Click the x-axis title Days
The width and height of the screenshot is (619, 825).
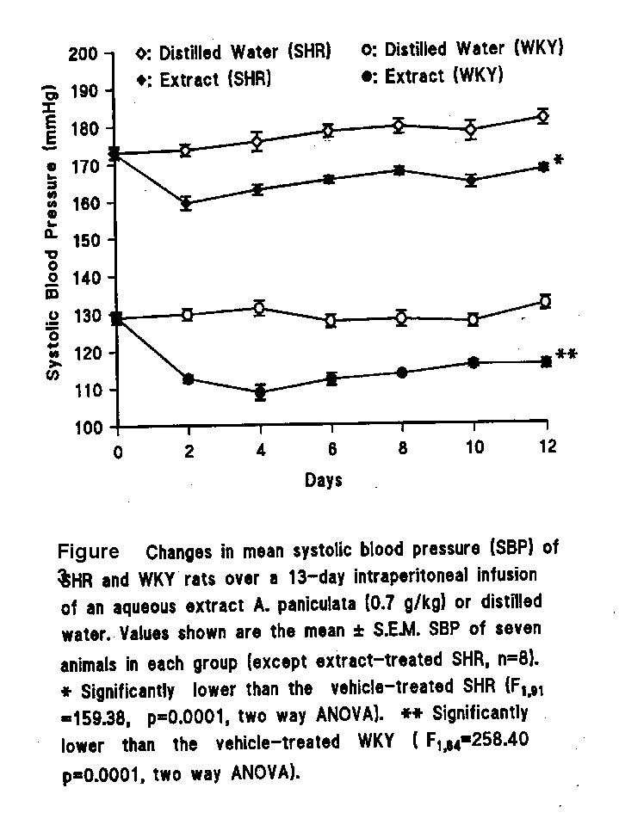coord(323,481)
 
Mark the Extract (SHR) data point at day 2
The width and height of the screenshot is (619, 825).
coord(186,204)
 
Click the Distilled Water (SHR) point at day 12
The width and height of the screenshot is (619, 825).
coord(542,116)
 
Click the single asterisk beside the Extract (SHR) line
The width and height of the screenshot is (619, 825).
coord(558,161)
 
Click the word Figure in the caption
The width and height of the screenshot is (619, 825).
coord(88,551)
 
